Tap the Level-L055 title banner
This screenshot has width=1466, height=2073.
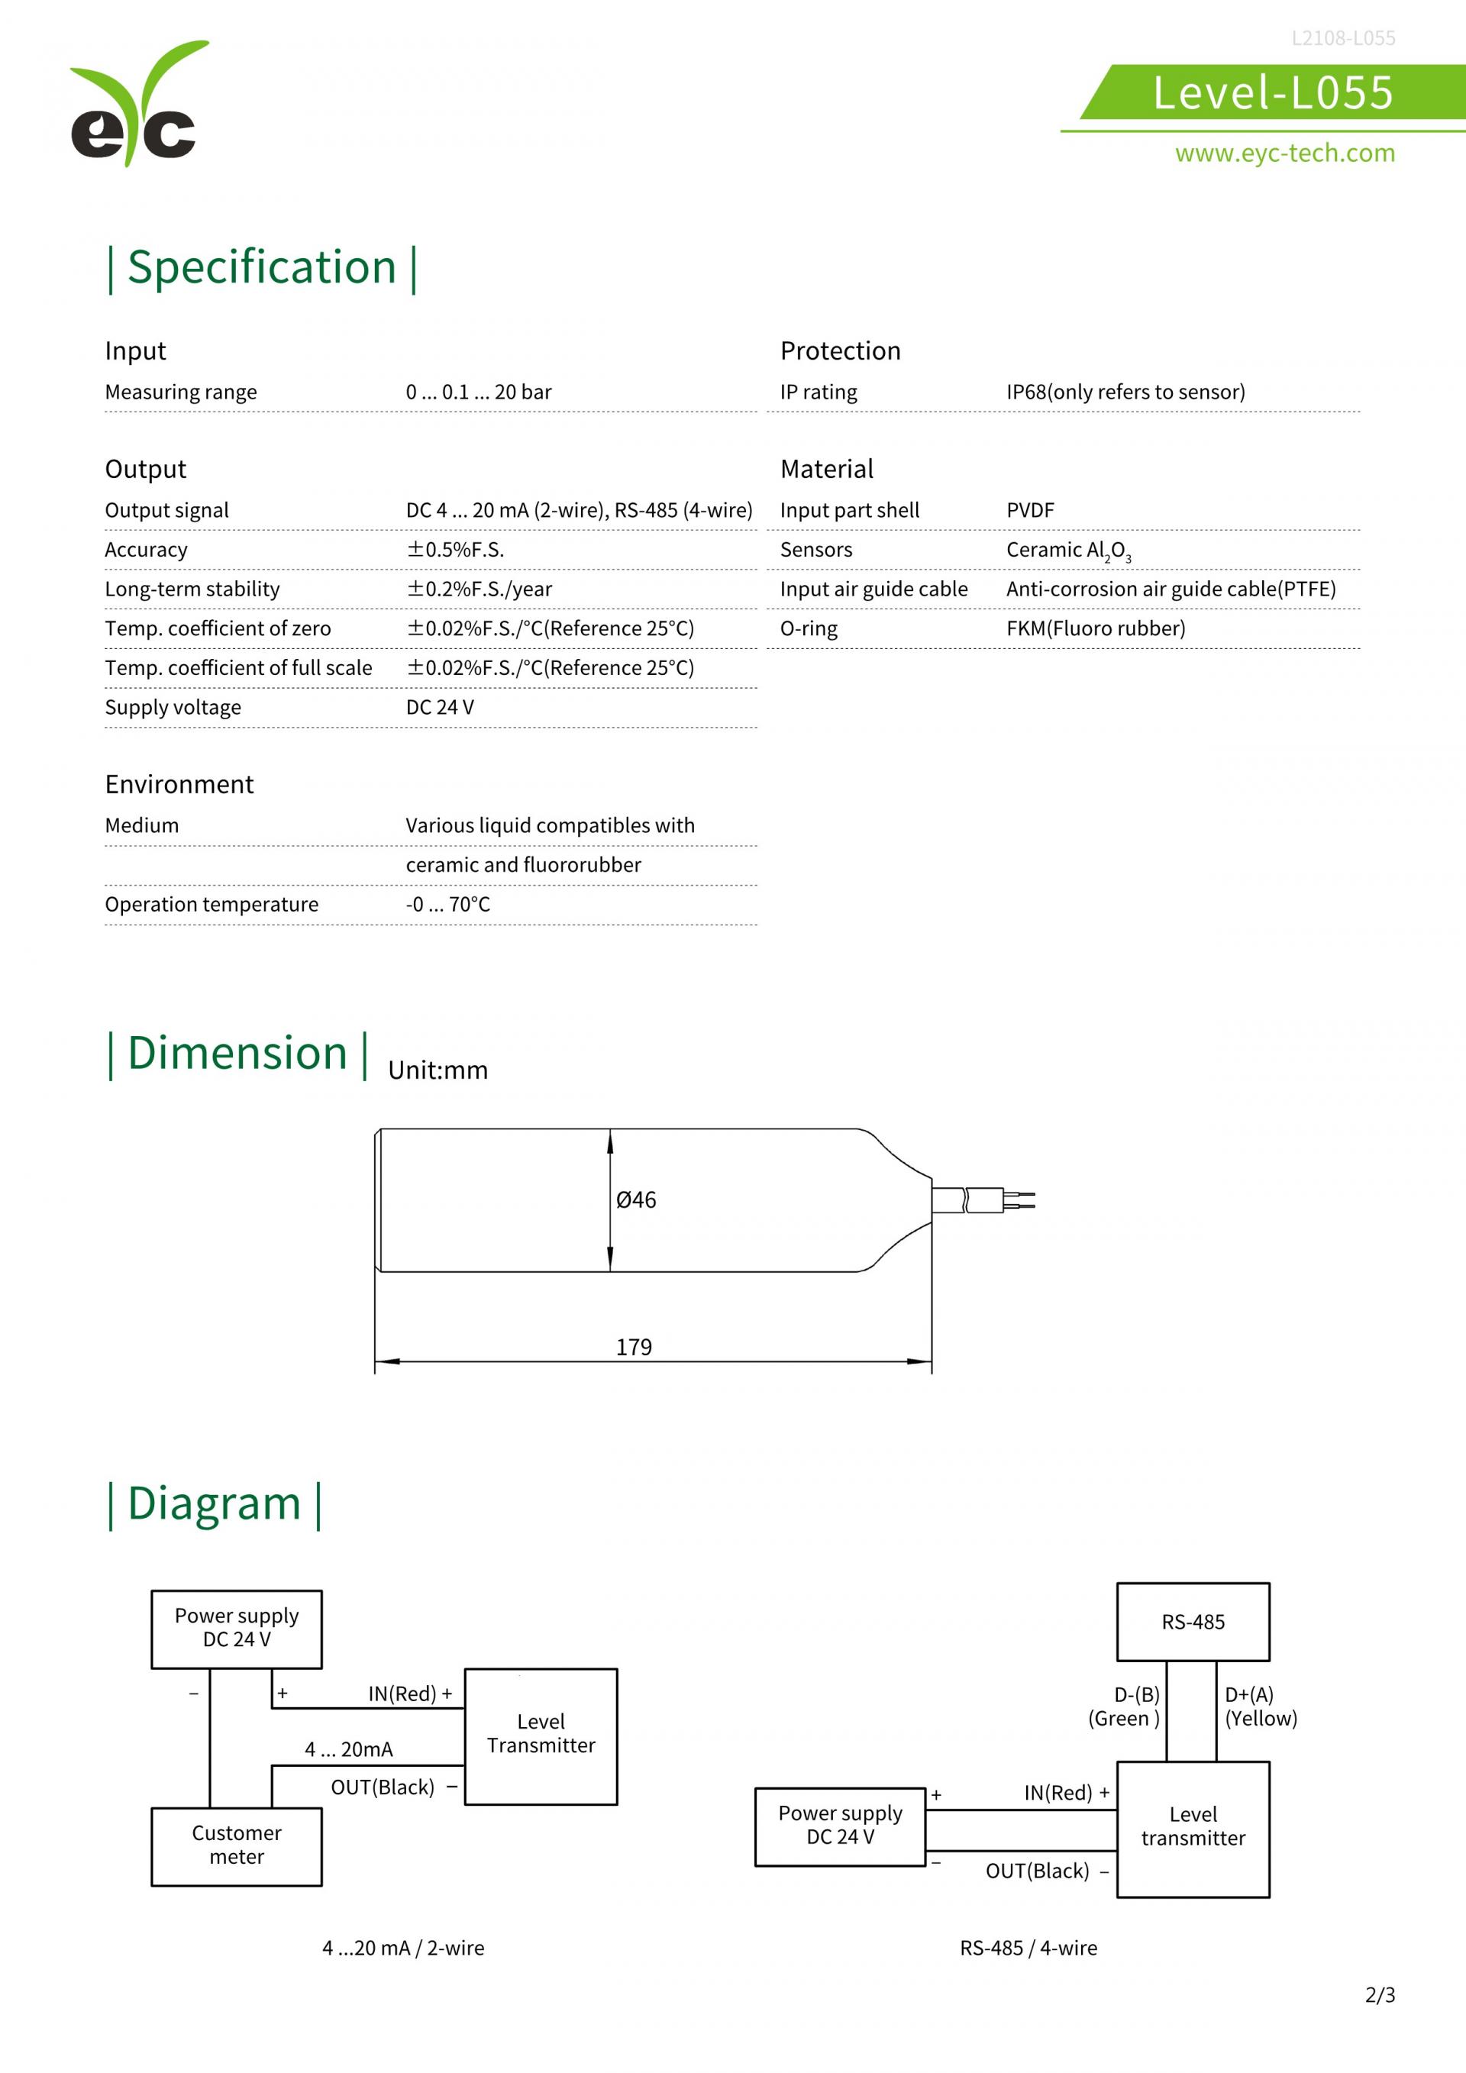(x=1273, y=92)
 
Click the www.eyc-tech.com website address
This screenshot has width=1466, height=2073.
(x=1284, y=153)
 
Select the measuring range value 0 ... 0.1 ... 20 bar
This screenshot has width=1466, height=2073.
(x=479, y=392)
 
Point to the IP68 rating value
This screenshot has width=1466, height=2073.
(x=1125, y=392)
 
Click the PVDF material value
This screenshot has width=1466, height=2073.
(x=1030, y=510)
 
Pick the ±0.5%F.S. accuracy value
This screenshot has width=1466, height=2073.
(x=455, y=550)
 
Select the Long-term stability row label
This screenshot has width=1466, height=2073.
(x=192, y=589)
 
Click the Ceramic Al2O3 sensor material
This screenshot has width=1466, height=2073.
(x=1068, y=551)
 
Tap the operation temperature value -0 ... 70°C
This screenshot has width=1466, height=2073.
(x=447, y=904)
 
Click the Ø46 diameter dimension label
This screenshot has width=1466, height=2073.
(x=635, y=1200)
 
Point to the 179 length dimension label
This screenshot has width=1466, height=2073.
(x=634, y=1347)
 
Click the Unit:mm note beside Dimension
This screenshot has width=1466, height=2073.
(x=438, y=1070)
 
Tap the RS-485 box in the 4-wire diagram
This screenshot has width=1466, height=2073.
(x=1193, y=1623)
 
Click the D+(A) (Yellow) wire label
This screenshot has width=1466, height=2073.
(x=1260, y=1707)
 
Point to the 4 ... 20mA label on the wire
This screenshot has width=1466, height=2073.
(x=348, y=1750)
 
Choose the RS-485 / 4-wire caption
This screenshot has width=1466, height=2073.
(x=1028, y=1949)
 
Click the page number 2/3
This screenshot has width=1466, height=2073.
(x=1380, y=1994)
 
